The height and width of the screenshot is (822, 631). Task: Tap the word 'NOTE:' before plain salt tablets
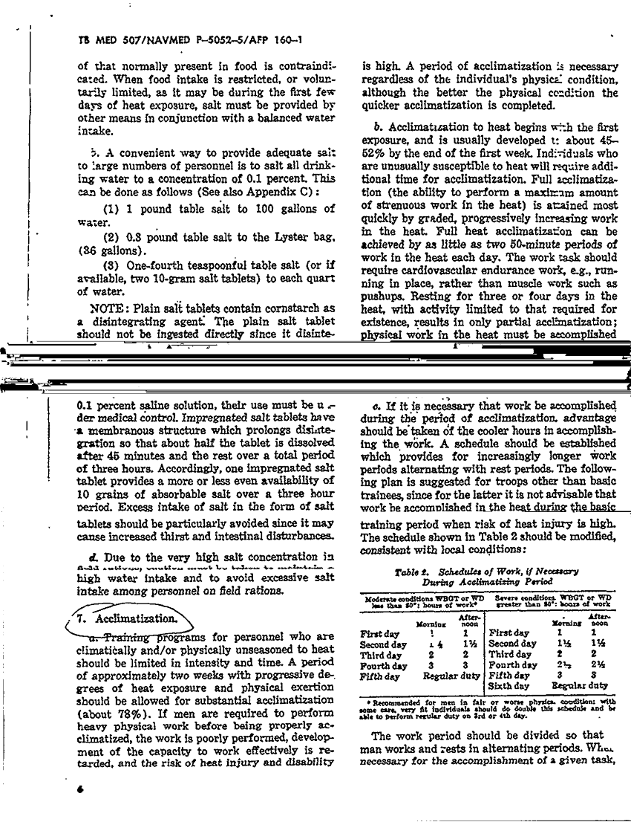[x=111, y=308]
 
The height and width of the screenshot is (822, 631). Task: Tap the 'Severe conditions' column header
[x=520, y=597]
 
